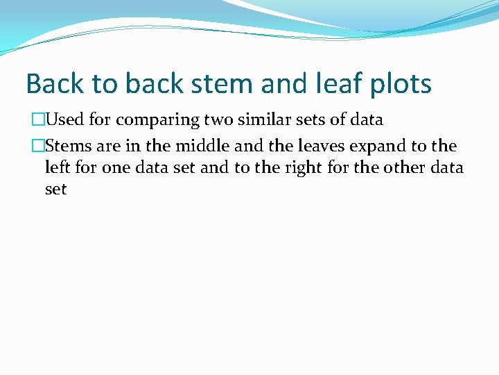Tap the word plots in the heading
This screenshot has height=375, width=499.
(403, 84)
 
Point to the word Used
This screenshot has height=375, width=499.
(64, 120)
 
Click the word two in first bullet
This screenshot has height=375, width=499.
(220, 120)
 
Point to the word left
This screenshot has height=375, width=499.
(58, 167)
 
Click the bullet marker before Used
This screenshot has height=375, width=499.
(37, 120)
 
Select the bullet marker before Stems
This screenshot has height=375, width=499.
(37, 147)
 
